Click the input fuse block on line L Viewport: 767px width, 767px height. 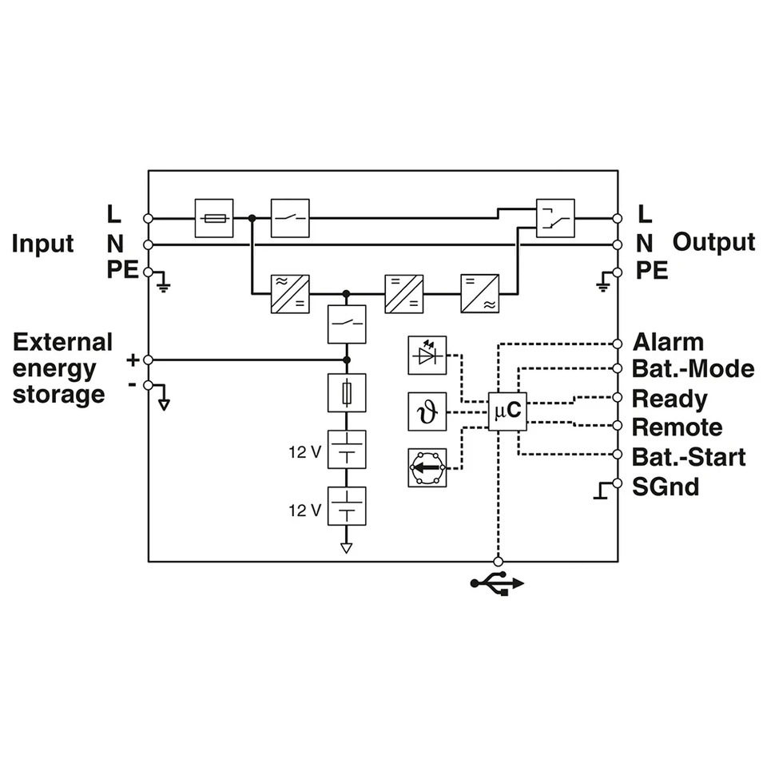214,218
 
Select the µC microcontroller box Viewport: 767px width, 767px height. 508,411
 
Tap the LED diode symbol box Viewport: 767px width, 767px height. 427,355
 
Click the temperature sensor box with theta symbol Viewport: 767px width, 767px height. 427,411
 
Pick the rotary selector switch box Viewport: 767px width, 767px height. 427,467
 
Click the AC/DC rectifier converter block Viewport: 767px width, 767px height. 290,294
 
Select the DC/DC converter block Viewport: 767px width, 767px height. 404,294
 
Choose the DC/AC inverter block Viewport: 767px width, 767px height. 480,294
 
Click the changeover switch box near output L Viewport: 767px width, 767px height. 555,218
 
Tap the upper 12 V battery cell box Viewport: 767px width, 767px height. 347,450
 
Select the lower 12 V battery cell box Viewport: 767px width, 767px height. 347,507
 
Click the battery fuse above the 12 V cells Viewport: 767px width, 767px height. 347,393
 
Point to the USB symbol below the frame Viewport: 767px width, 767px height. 497,583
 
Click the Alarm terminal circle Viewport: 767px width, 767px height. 618,344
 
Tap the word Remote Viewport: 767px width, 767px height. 677,427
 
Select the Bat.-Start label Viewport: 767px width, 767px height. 689,457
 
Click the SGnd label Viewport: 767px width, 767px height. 666,487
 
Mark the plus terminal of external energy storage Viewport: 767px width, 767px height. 149,360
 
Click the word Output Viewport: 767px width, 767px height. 713,243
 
